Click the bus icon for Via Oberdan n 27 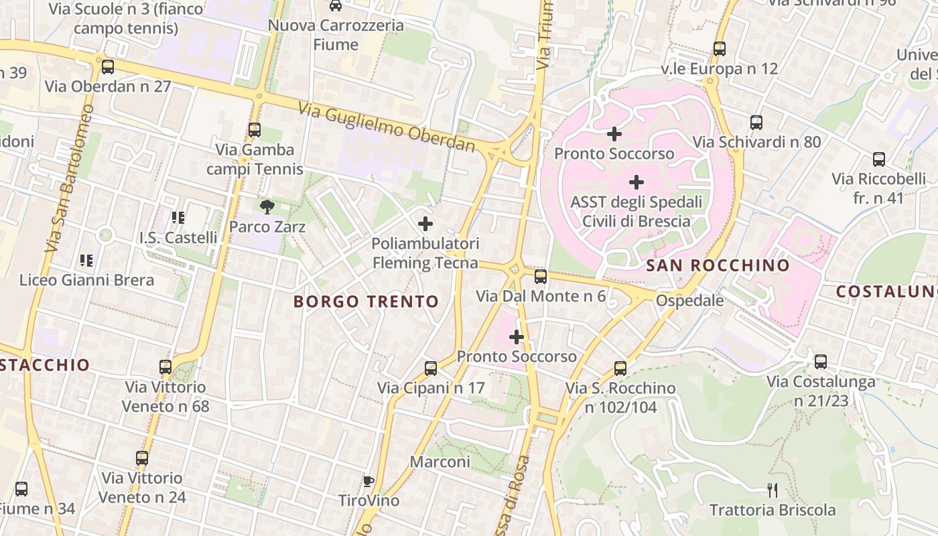pyautogui.click(x=107, y=67)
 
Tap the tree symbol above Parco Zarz pyautogui.click(x=267, y=207)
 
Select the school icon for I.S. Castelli pyautogui.click(x=178, y=217)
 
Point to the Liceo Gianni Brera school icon pyautogui.click(x=86, y=260)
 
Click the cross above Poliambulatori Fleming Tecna pyautogui.click(x=425, y=224)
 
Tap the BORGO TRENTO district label pyautogui.click(x=366, y=301)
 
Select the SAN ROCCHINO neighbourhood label pyautogui.click(x=718, y=265)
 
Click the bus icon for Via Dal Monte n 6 pyautogui.click(x=541, y=276)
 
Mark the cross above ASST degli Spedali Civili pyautogui.click(x=636, y=182)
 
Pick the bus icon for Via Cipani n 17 pyautogui.click(x=431, y=368)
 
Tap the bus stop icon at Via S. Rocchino pyautogui.click(x=620, y=368)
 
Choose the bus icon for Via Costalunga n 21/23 pyautogui.click(x=821, y=362)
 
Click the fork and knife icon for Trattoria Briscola pyautogui.click(x=773, y=490)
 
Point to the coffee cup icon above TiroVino pyautogui.click(x=368, y=481)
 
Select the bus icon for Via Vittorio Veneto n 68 pyautogui.click(x=165, y=367)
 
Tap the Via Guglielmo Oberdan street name pyautogui.click(x=389, y=127)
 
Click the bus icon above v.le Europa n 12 pyautogui.click(x=720, y=48)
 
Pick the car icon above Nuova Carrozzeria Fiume pyautogui.click(x=336, y=5)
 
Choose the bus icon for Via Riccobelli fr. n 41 pyautogui.click(x=879, y=159)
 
